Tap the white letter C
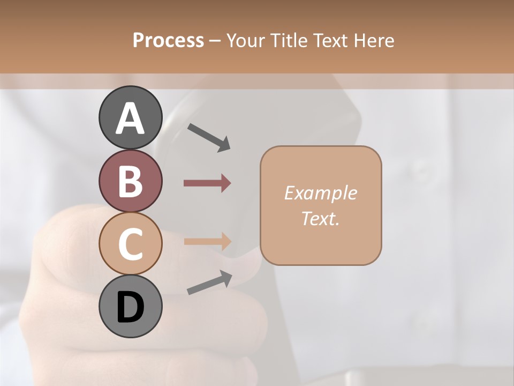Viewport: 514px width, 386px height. [x=130, y=244]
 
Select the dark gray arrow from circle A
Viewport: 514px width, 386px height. [x=209, y=137]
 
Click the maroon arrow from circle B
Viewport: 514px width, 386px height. [x=207, y=183]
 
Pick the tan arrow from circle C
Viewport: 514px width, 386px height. [x=207, y=241]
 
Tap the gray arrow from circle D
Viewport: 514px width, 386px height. [x=209, y=283]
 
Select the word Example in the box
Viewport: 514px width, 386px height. [x=320, y=193]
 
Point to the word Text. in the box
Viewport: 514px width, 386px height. [x=320, y=218]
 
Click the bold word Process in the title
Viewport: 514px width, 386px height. [x=168, y=40]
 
